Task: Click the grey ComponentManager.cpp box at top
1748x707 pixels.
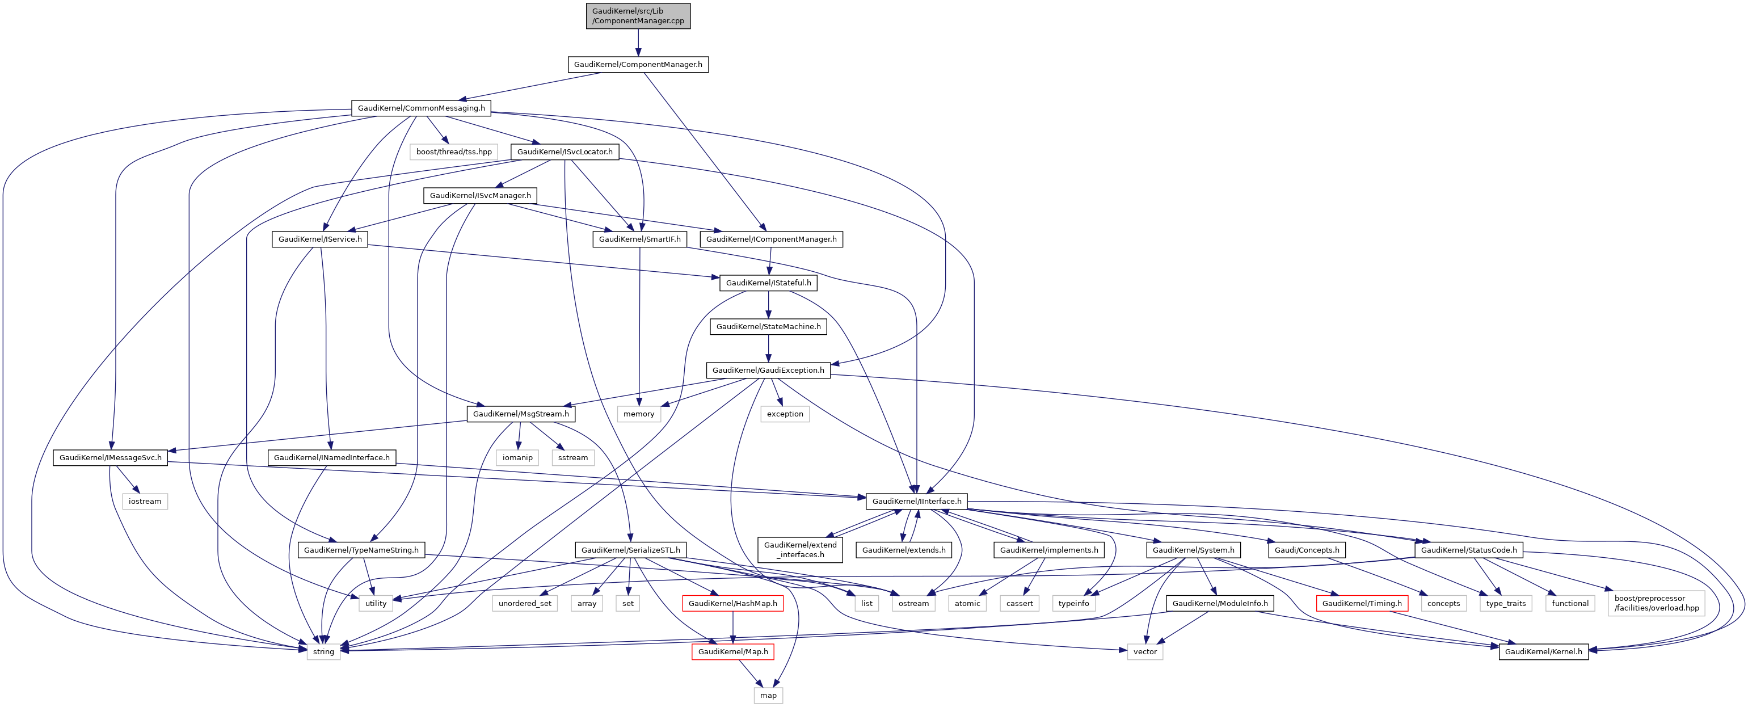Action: (x=638, y=16)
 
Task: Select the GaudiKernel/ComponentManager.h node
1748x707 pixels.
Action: (x=638, y=65)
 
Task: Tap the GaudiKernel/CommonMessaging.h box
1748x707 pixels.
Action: (x=422, y=108)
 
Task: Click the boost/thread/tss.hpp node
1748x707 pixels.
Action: (x=454, y=152)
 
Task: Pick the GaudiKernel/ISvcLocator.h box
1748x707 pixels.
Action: (x=565, y=152)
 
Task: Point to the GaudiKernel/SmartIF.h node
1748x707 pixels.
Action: (x=639, y=239)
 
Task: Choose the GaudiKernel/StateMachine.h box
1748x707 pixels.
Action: (x=768, y=327)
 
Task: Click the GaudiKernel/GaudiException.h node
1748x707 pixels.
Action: (x=768, y=371)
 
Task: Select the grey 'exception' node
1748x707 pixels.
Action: (x=785, y=414)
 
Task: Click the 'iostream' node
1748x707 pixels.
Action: (x=145, y=502)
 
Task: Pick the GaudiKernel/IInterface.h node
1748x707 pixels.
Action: (x=917, y=502)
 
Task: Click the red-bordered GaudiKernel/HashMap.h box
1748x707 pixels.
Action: (x=733, y=603)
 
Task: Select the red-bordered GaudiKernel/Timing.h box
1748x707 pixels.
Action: (x=1362, y=603)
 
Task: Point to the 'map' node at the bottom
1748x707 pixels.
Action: (x=768, y=696)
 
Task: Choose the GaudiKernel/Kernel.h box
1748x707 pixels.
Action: (x=1544, y=652)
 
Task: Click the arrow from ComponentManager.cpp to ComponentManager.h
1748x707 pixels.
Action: (x=638, y=43)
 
